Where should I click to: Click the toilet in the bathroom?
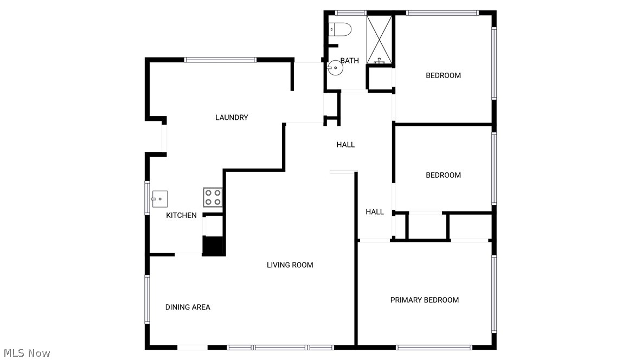pos(342,28)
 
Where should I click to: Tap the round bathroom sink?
pos(335,69)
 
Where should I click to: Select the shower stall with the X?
pos(380,40)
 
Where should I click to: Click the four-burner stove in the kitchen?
pos(213,197)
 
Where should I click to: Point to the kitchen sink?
pos(159,199)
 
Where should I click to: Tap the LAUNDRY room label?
pos(232,118)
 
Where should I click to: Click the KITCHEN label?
pos(181,216)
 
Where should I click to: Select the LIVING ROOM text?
pos(290,265)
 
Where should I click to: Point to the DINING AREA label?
pos(188,307)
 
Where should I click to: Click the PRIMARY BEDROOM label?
pos(425,300)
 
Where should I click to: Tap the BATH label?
pos(350,61)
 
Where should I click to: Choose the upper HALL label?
pos(345,145)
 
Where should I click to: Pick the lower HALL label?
pos(375,212)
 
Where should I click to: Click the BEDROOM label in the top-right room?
pos(443,75)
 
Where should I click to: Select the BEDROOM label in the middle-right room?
pos(443,175)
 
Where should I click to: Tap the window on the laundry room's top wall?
pos(220,60)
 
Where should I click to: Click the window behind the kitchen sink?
pos(147,198)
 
